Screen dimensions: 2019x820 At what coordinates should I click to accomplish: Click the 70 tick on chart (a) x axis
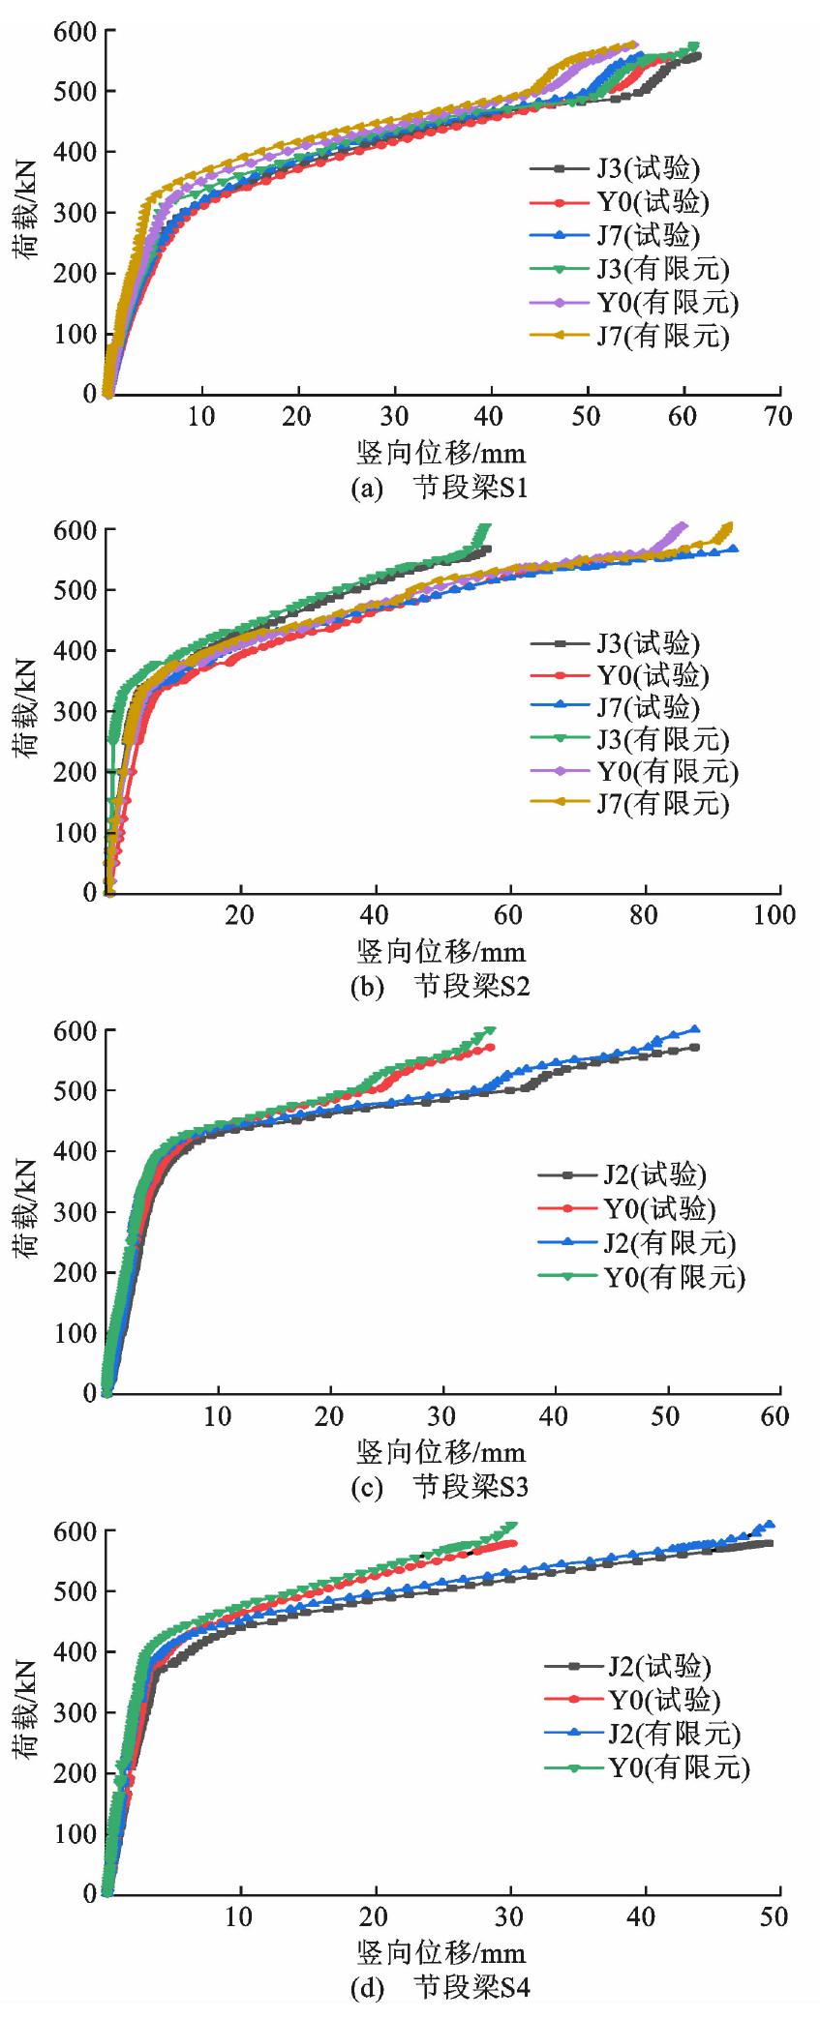pyautogui.click(x=778, y=417)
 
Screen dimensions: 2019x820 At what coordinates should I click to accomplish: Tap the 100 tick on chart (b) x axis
pyautogui.click(x=774, y=915)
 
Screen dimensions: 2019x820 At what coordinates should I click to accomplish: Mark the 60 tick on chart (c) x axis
pyautogui.click(x=775, y=1416)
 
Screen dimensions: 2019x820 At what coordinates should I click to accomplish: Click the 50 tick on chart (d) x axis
pyautogui.click(x=774, y=1916)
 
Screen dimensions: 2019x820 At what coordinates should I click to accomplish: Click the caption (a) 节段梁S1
pyautogui.click(x=440, y=488)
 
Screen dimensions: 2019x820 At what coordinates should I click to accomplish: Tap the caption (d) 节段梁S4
pyautogui.click(x=440, y=1988)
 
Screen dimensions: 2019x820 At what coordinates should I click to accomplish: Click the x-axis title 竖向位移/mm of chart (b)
pyautogui.click(x=441, y=952)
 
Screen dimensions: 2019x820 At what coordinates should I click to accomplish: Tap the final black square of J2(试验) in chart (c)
pyautogui.click(x=695, y=1047)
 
